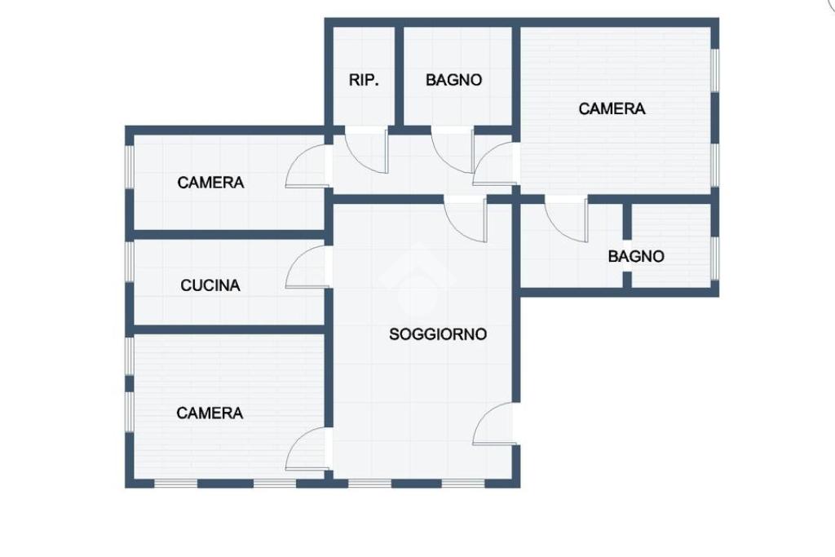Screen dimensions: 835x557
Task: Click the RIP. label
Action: point(364,80)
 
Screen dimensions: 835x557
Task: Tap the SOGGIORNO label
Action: point(438,334)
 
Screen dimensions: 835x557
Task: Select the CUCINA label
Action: point(210,285)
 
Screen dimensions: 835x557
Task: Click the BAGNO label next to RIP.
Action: point(453,80)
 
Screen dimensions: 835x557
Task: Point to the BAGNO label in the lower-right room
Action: point(636,256)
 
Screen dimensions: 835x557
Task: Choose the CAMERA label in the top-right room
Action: point(612,108)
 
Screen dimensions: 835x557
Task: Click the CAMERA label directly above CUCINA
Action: point(210,183)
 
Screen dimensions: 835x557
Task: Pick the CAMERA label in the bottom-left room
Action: point(210,413)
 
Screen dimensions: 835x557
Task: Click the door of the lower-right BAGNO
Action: point(567,219)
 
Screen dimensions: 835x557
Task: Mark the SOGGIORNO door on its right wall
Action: point(493,422)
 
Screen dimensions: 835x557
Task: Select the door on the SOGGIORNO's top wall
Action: point(466,219)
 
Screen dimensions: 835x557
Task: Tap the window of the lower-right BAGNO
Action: point(715,259)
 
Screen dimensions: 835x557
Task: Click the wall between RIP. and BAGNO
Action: point(399,76)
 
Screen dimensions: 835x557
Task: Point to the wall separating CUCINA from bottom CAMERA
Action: point(229,329)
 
